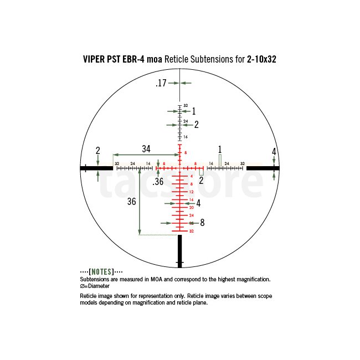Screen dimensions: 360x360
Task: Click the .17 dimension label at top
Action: click(x=161, y=83)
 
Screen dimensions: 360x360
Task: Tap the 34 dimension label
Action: click(x=146, y=149)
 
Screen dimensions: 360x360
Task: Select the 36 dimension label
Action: click(x=132, y=202)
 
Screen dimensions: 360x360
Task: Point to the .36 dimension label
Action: click(x=158, y=182)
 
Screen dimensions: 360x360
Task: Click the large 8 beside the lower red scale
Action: click(x=202, y=223)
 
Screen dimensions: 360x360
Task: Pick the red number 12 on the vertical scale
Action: click(x=192, y=192)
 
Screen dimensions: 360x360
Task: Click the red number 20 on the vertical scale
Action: click(x=192, y=208)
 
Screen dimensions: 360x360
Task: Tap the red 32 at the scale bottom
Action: click(x=192, y=231)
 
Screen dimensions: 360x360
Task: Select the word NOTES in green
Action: click(x=101, y=272)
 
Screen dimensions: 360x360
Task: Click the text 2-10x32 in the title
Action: click(x=261, y=59)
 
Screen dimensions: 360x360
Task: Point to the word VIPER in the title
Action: click(x=94, y=59)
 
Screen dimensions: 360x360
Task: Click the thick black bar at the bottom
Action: click(x=180, y=251)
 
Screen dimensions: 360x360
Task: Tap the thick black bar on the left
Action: click(x=96, y=168)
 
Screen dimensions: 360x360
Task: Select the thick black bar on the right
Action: click(x=263, y=168)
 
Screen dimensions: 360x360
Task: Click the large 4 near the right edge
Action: click(x=274, y=152)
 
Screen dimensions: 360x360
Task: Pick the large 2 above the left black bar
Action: click(x=98, y=151)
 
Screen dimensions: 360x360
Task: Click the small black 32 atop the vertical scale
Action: click(x=186, y=106)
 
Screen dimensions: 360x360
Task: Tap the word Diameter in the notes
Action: click(x=99, y=286)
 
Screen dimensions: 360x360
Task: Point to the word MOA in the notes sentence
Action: click(x=156, y=279)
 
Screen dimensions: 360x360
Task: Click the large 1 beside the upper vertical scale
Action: click(x=194, y=111)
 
